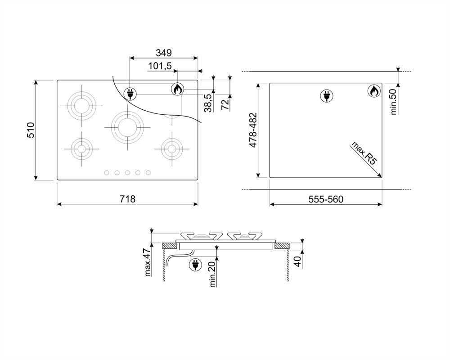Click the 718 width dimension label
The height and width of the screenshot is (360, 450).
pos(127,199)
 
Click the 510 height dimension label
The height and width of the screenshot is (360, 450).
pos(31,130)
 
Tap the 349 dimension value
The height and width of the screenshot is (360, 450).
pos(164,53)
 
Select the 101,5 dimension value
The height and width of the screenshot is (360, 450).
pos(160,66)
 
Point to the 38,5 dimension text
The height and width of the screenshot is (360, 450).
pos(208,103)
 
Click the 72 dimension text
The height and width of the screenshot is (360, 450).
pos(225,104)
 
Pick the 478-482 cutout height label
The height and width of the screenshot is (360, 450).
pos(253,130)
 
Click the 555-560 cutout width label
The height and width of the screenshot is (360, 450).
pos(326,199)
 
